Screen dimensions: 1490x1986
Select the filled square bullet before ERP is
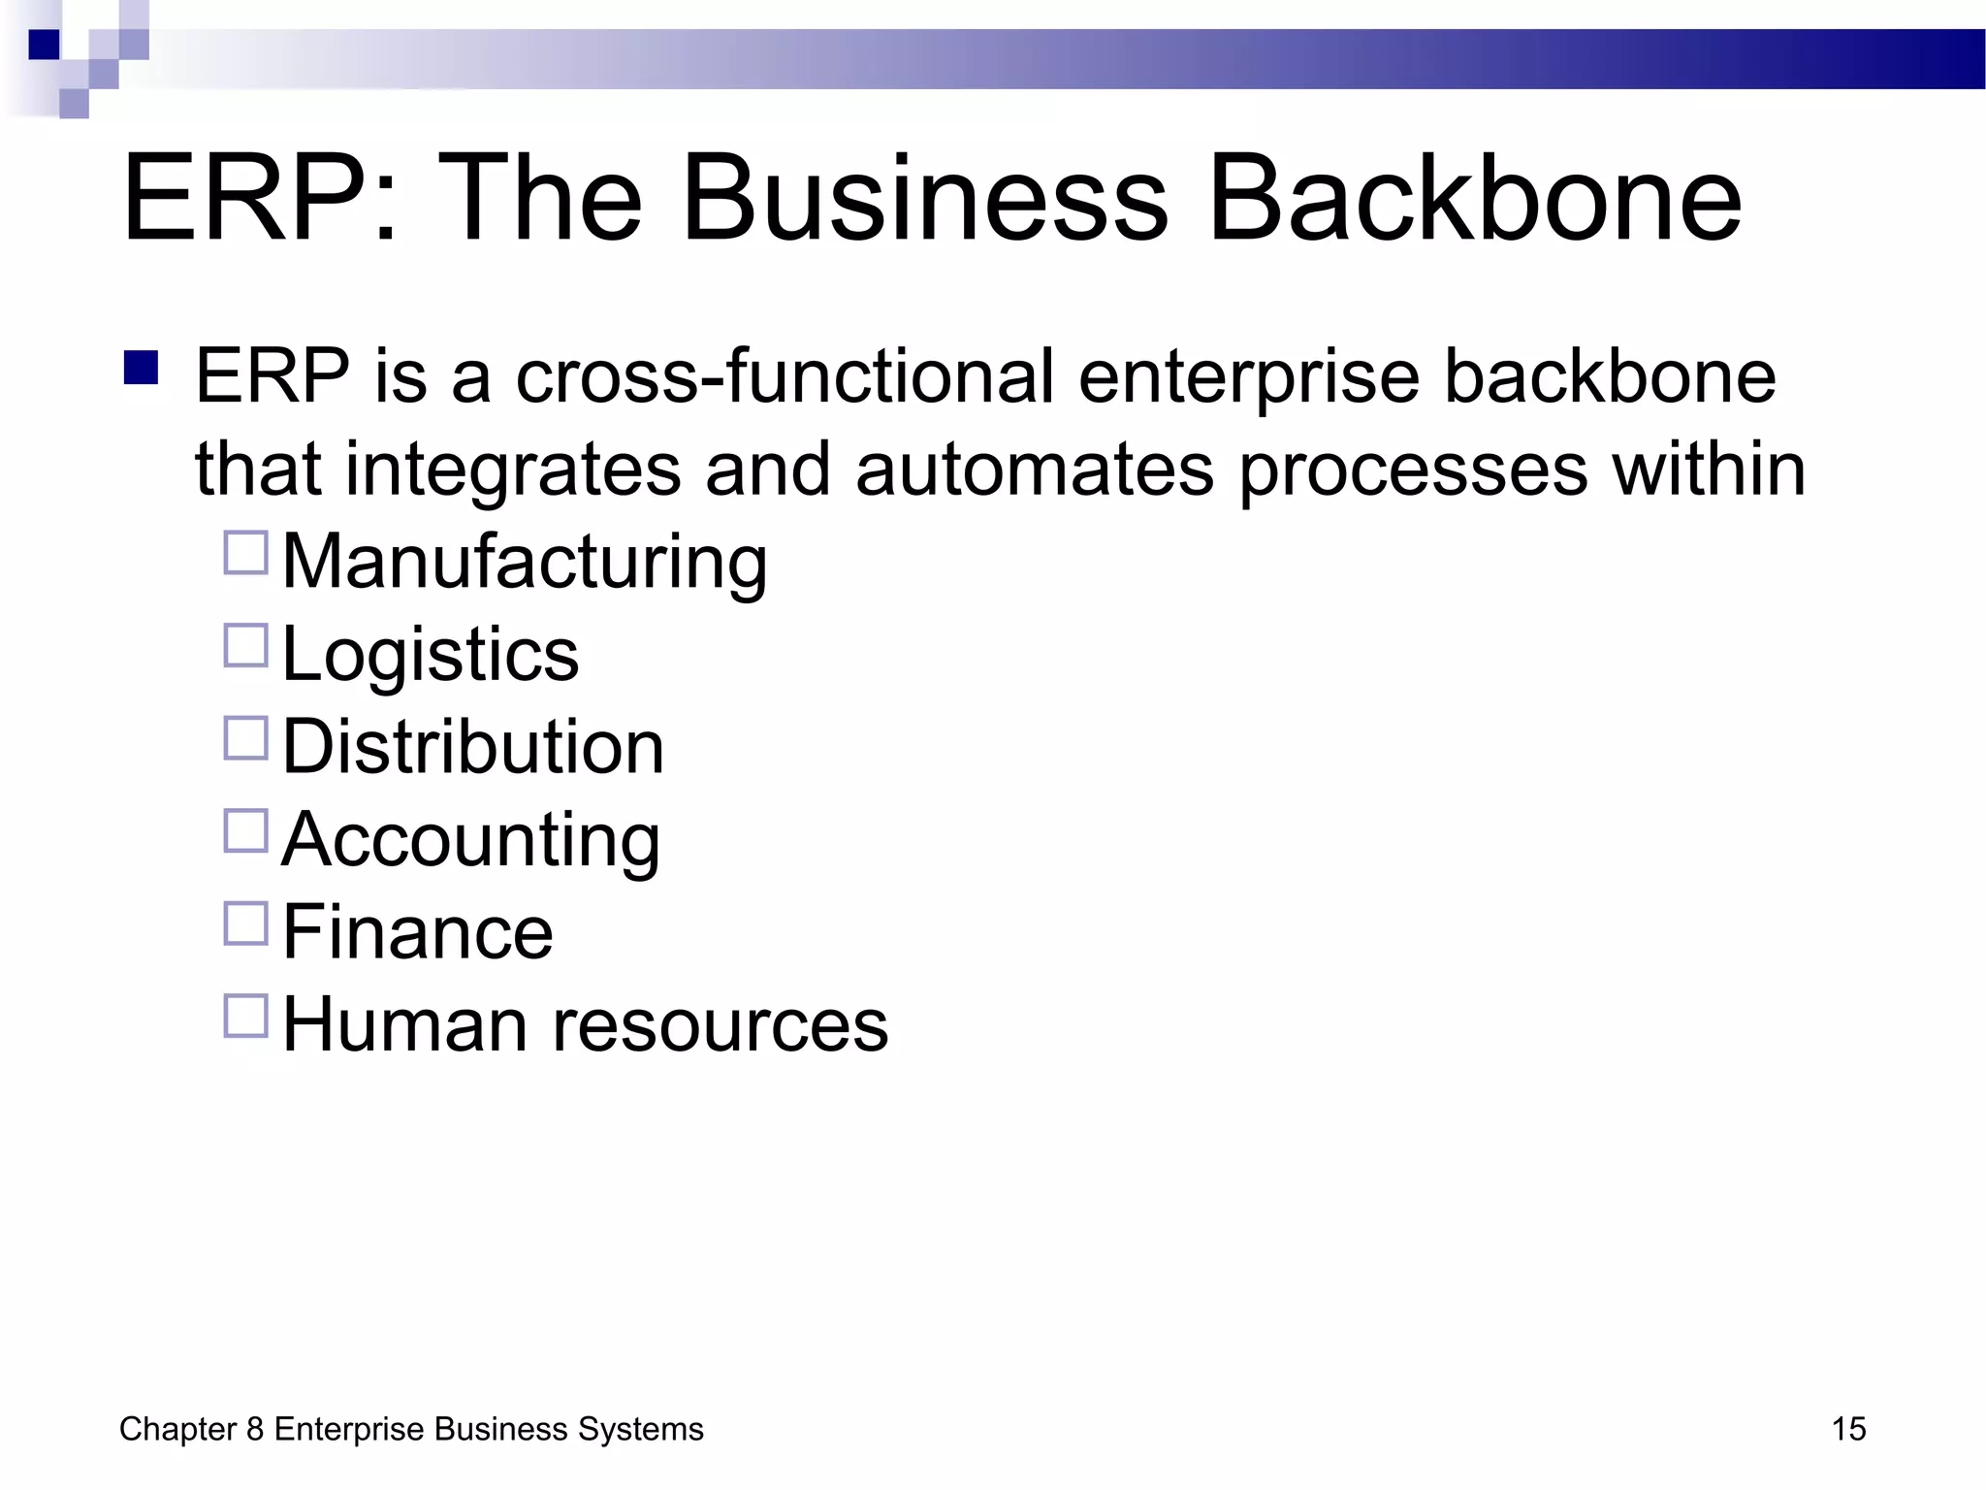[142, 369]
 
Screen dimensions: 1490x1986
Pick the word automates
[1034, 470]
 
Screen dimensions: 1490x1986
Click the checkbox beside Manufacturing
[245, 553]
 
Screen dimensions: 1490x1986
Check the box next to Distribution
[245, 738]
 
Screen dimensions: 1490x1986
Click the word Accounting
[471, 840]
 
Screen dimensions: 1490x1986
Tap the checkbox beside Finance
[245, 923]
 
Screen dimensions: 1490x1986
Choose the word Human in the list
[405, 1025]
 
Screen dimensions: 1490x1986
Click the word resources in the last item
[720, 1025]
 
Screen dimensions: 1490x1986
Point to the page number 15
[1848, 1429]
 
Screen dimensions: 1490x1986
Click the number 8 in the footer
[255, 1429]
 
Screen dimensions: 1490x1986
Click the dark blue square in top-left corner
[45, 45]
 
